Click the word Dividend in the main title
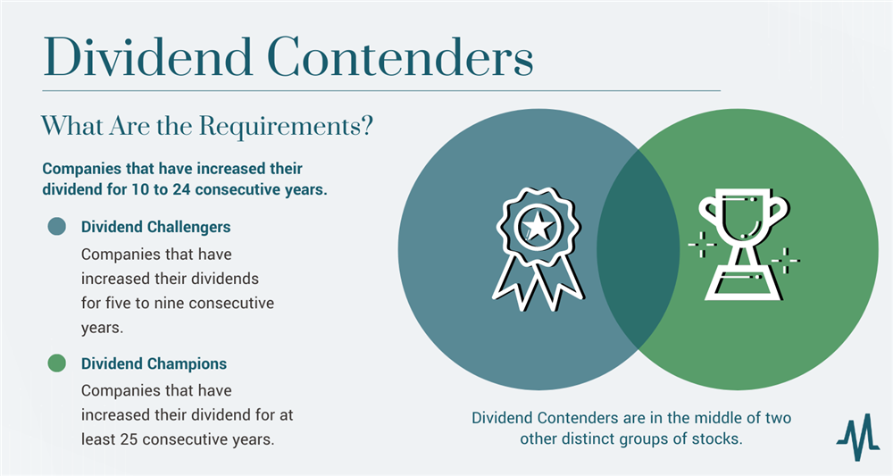(x=148, y=57)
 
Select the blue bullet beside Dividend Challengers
(x=57, y=226)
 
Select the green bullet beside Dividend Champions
(x=57, y=363)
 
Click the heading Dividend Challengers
(x=155, y=227)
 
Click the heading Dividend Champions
(x=154, y=363)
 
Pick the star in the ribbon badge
(x=538, y=227)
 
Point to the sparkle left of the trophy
(x=702, y=244)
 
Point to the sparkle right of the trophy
(x=786, y=261)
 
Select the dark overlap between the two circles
(x=638, y=249)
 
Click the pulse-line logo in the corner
(x=857, y=436)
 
